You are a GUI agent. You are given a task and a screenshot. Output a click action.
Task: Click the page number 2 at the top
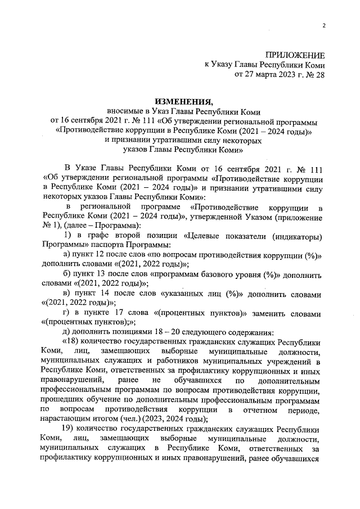tap(324, 25)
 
